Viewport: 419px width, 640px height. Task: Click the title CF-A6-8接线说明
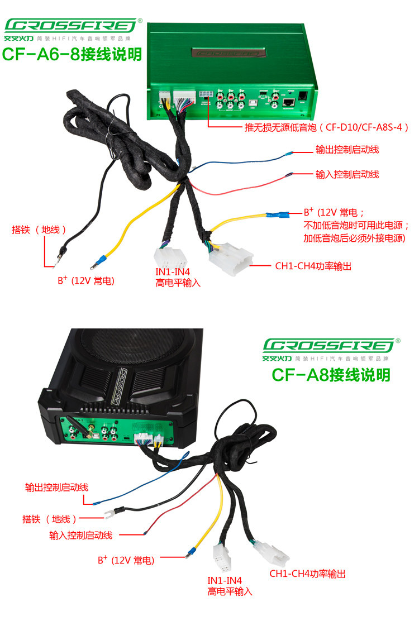[72, 54]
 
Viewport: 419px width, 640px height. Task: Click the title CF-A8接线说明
[331, 374]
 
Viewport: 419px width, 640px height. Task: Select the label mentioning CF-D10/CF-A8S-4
[327, 127]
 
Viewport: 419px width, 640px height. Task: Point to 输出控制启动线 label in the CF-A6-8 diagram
[347, 150]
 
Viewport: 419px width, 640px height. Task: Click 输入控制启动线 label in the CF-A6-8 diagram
[347, 175]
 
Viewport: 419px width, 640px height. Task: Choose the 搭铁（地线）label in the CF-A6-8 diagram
[40, 230]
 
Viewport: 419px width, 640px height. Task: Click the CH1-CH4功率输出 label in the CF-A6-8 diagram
[313, 266]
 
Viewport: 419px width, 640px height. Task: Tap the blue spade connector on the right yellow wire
[277, 214]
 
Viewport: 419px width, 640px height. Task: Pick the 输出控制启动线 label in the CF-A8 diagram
[56, 487]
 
